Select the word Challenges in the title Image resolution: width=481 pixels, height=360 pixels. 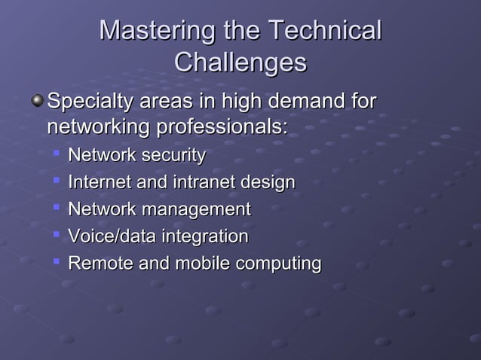tap(240, 63)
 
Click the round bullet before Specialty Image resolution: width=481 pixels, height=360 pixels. tap(38, 100)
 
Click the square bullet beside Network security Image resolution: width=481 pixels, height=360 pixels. tap(56, 154)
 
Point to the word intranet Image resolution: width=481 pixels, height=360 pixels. tap(193, 182)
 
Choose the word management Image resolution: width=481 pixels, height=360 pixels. tap(190, 209)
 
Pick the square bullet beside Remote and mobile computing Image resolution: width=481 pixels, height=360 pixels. tap(56, 261)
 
